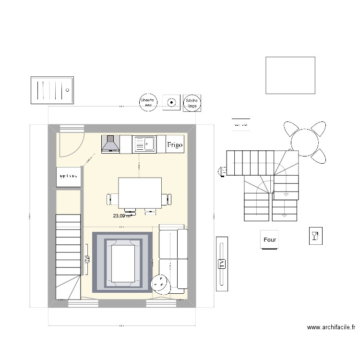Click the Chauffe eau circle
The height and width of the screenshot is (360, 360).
tap(146, 102)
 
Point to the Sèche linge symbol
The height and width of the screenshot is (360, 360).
tap(192, 102)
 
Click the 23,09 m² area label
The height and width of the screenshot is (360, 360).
tap(122, 216)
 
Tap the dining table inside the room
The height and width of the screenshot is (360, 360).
tap(140, 192)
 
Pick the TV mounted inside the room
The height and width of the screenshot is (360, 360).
tap(87, 259)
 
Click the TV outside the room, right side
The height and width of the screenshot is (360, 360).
tap(221, 264)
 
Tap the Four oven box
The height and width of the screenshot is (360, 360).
tap(270, 240)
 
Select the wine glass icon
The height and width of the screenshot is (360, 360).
tap(315, 235)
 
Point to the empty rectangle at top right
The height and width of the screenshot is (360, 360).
tap(290, 75)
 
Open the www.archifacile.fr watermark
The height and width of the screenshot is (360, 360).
tap(331, 328)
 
